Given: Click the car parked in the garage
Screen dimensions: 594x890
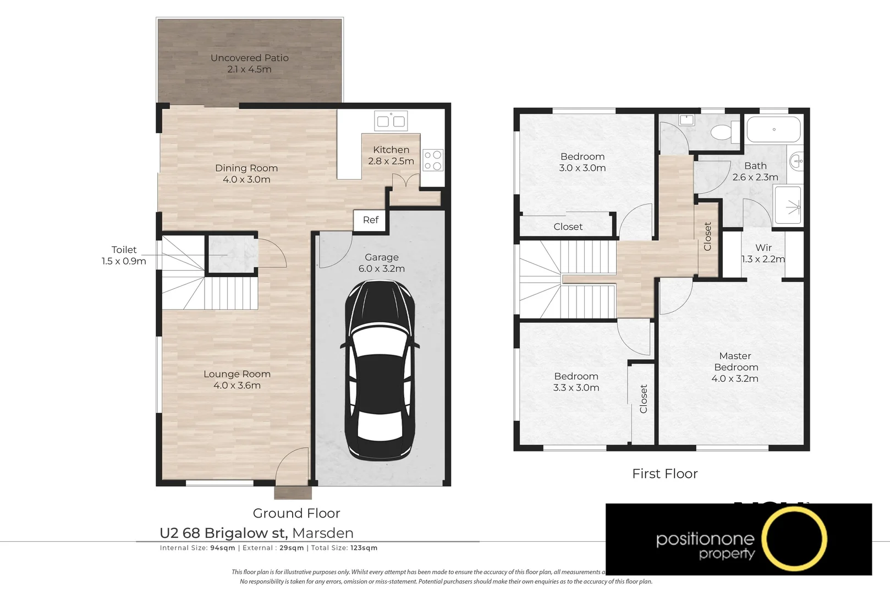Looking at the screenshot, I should [x=380, y=371].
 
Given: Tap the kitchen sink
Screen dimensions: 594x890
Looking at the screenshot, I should [x=391, y=121].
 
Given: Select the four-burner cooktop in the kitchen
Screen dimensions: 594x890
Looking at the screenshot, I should [x=433, y=161].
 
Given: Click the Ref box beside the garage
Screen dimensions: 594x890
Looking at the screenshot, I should [x=370, y=220].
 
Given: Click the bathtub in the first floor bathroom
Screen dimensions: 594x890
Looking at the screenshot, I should [x=773, y=130].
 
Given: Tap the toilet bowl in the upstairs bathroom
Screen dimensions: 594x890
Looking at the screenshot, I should [x=723, y=133].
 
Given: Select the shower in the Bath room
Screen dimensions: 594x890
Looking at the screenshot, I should [x=788, y=205].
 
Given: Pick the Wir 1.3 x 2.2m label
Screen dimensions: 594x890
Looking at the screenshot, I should [x=763, y=254].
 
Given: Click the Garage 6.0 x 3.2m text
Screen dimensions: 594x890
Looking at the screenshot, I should [x=381, y=263].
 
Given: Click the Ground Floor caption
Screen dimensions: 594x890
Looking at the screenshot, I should [x=296, y=513].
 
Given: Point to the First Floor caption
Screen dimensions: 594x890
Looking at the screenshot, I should [x=664, y=474].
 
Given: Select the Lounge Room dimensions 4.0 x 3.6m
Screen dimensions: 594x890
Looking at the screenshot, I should [x=237, y=386].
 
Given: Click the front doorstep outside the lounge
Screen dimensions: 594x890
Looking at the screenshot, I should [x=293, y=492].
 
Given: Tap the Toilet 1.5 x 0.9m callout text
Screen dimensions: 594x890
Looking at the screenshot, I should [x=124, y=255].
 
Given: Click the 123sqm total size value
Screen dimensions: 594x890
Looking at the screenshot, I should [x=364, y=548].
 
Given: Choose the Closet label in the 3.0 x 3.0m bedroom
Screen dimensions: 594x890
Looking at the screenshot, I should [x=568, y=227].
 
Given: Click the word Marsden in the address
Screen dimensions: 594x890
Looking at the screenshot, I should [x=323, y=533].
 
